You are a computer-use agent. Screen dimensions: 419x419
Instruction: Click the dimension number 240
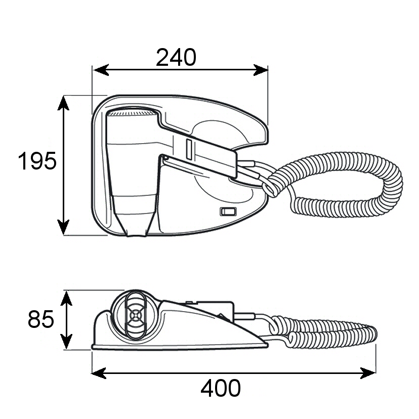click(176, 58)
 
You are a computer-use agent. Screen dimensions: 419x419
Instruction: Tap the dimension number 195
click(37, 161)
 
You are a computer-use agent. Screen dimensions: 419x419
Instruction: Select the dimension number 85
click(41, 319)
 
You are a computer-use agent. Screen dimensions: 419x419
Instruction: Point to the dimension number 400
click(221, 389)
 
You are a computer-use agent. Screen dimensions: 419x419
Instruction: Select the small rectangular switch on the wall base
click(228, 212)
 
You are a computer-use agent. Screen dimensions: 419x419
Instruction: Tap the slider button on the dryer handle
click(189, 149)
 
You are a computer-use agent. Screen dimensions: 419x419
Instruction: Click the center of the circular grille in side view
click(135, 314)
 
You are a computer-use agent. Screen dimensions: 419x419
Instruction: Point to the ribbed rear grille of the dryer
click(132, 112)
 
